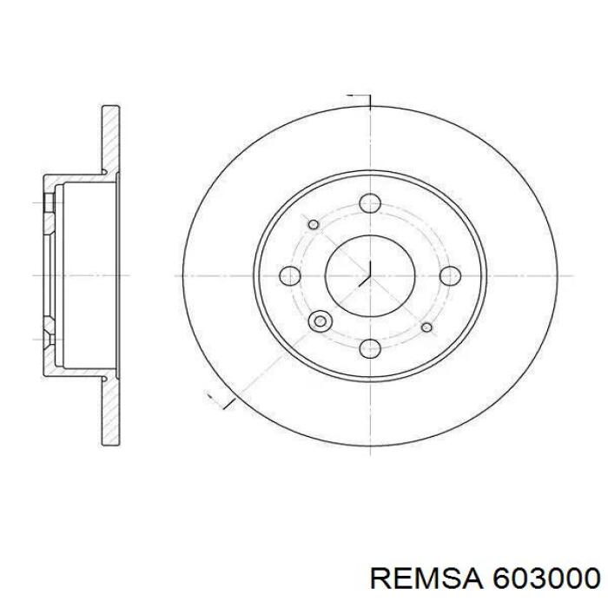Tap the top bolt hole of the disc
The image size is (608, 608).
pyautogui.click(x=371, y=204)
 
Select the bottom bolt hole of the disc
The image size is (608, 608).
pyautogui.click(x=371, y=348)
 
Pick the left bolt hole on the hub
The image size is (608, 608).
pyautogui.click(x=290, y=276)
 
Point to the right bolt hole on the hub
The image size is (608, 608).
pyautogui.click(x=450, y=276)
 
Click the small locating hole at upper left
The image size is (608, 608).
pyautogui.click(x=314, y=225)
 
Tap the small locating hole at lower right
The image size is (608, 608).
pyautogui.click(x=426, y=327)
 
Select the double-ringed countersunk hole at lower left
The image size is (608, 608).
pyautogui.click(x=321, y=322)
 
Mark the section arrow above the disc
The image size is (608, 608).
pyautogui.click(x=360, y=97)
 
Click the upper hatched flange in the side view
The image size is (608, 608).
pyautogui.click(x=110, y=139)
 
